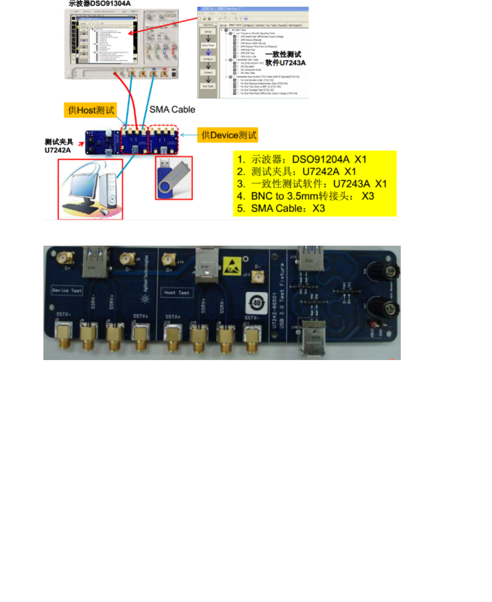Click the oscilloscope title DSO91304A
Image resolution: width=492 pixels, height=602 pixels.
pyautogui.click(x=100, y=4)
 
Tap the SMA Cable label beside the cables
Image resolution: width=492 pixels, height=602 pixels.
pyautogui.click(x=172, y=109)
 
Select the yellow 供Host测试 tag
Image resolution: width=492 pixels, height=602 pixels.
pyautogui.click(x=91, y=110)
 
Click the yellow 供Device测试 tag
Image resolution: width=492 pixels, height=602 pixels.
pyautogui.click(x=228, y=135)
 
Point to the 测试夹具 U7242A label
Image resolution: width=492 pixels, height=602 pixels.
pyautogui.click(x=58, y=146)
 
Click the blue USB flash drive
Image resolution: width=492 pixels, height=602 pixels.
pyautogui.click(x=174, y=178)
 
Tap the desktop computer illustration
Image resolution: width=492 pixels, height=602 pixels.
pyautogui.click(x=91, y=189)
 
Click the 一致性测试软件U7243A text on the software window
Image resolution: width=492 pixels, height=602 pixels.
pyautogui.click(x=285, y=59)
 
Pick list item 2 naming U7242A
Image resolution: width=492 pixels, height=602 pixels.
pyautogui.click(x=296, y=171)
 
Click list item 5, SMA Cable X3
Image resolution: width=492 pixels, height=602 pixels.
pyautogui.click(x=281, y=208)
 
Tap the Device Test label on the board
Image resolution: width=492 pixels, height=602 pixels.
pyautogui.click(x=67, y=290)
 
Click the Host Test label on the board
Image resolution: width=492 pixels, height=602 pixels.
pyautogui.click(x=177, y=293)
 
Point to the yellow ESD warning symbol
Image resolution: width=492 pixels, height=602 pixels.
pyautogui.click(x=232, y=266)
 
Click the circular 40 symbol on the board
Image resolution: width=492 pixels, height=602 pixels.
pyautogui.click(x=257, y=303)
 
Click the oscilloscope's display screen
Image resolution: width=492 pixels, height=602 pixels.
pyautogui.click(x=103, y=39)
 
